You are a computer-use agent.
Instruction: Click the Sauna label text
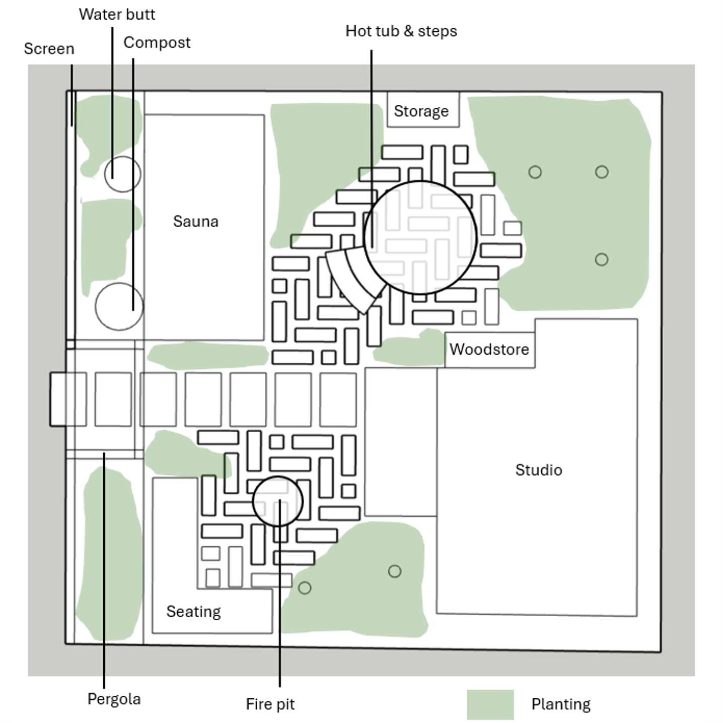pyautogui.click(x=195, y=221)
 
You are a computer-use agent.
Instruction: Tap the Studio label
pyautogui.click(x=538, y=470)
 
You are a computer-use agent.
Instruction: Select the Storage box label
pyautogui.click(x=421, y=111)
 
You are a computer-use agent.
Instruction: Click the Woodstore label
pyautogui.click(x=489, y=349)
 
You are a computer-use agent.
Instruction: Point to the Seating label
pyautogui.click(x=193, y=611)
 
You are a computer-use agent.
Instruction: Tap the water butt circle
pyautogui.click(x=122, y=174)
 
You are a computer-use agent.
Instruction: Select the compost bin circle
pyautogui.click(x=119, y=306)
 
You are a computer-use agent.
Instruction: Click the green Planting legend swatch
pyautogui.click(x=490, y=704)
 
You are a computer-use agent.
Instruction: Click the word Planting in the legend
pyautogui.click(x=560, y=704)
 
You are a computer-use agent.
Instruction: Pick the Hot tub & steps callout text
pyautogui.click(x=401, y=31)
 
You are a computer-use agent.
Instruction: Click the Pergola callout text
pyautogui.click(x=114, y=699)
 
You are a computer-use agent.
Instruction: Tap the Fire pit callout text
pyautogui.click(x=270, y=704)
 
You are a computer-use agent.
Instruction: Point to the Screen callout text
pyautogui.click(x=49, y=49)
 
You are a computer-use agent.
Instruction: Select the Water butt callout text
pyautogui.click(x=117, y=14)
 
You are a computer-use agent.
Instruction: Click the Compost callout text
pyautogui.click(x=157, y=43)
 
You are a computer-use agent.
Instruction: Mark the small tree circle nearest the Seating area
pyautogui.click(x=305, y=587)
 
